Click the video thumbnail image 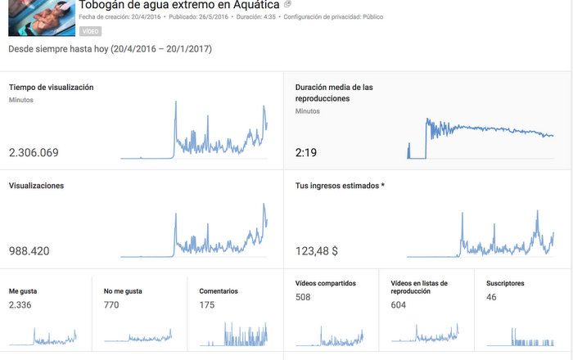[x=42, y=17]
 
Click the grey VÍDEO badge [x=91, y=31]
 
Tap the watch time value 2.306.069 [x=34, y=153]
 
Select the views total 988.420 [x=29, y=251]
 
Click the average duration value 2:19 [x=306, y=153]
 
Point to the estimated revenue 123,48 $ [x=317, y=251]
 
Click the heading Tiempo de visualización [x=51, y=88]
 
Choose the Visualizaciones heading [x=36, y=186]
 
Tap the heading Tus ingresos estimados [x=340, y=186]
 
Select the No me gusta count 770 [x=112, y=304]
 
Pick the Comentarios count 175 [x=207, y=304]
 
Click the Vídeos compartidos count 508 [x=303, y=297]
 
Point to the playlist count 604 [x=399, y=304]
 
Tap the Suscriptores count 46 [x=491, y=297]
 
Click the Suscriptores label [x=505, y=283]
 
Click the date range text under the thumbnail [x=110, y=49]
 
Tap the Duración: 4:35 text [x=255, y=16]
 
